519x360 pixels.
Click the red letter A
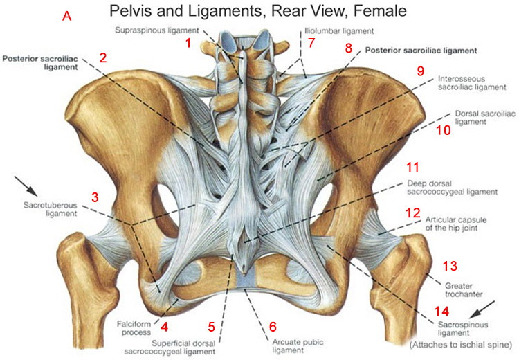tap(67, 15)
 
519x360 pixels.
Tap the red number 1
tap(188, 43)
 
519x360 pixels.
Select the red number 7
tap(311, 43)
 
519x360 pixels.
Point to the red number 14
tap(442, 312)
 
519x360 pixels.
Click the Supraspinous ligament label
tap(157, 30)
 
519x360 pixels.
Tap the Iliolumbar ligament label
tap(340, 31)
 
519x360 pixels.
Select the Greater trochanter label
tap(464, 290)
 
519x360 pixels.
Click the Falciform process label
tap(134, 328)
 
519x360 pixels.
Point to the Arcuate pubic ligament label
tap(298, 346)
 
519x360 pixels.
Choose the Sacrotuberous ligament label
tap(50, 209)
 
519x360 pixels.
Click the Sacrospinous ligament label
tap(463, 329)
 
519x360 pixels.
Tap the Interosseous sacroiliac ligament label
tap(473, 83)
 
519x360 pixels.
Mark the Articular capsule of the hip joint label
tap(456, 224)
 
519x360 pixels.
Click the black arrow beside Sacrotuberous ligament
tap(26, 186)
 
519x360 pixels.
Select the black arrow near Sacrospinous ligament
tap(483, 311)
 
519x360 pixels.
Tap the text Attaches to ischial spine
tap(461, 345)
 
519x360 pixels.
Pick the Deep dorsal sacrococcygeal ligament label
tap(452, 188)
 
